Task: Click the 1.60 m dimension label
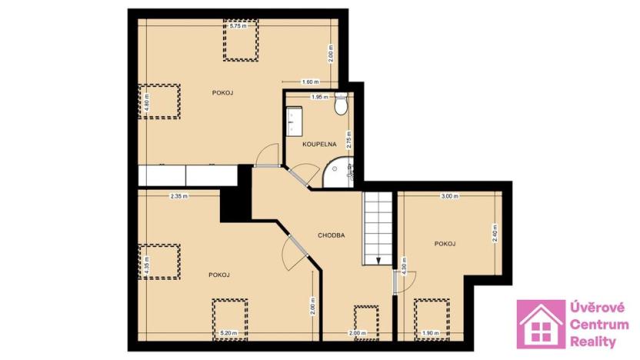pos(311,82)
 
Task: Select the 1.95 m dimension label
pos(319,97)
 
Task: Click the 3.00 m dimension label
pos(449,196)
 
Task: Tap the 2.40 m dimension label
pos(495,232)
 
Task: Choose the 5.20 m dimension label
pos(229,333)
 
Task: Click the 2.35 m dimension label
pos(179,196)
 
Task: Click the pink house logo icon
pos(541,323)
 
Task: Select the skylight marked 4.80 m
pos(158,102)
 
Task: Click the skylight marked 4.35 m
pos(158,262)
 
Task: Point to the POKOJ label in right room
pos(445,244)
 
